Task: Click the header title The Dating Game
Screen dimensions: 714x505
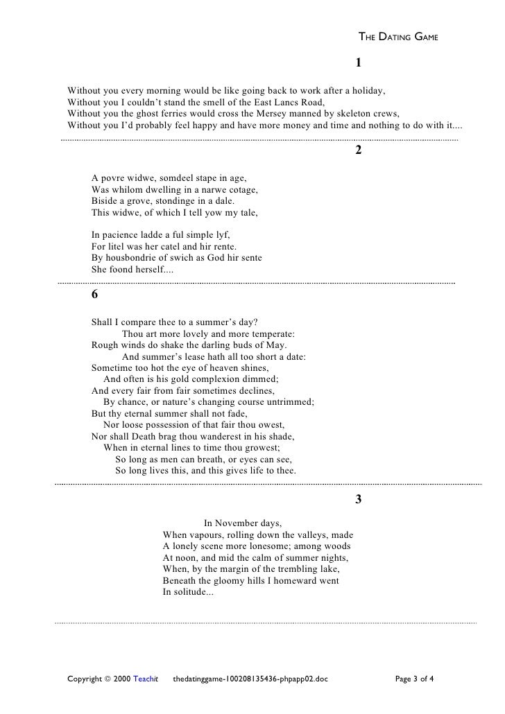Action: [397, 36]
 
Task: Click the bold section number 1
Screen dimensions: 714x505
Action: [359, 63]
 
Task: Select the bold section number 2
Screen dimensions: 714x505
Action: [359, 151]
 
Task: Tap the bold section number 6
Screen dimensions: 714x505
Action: [94, 293]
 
